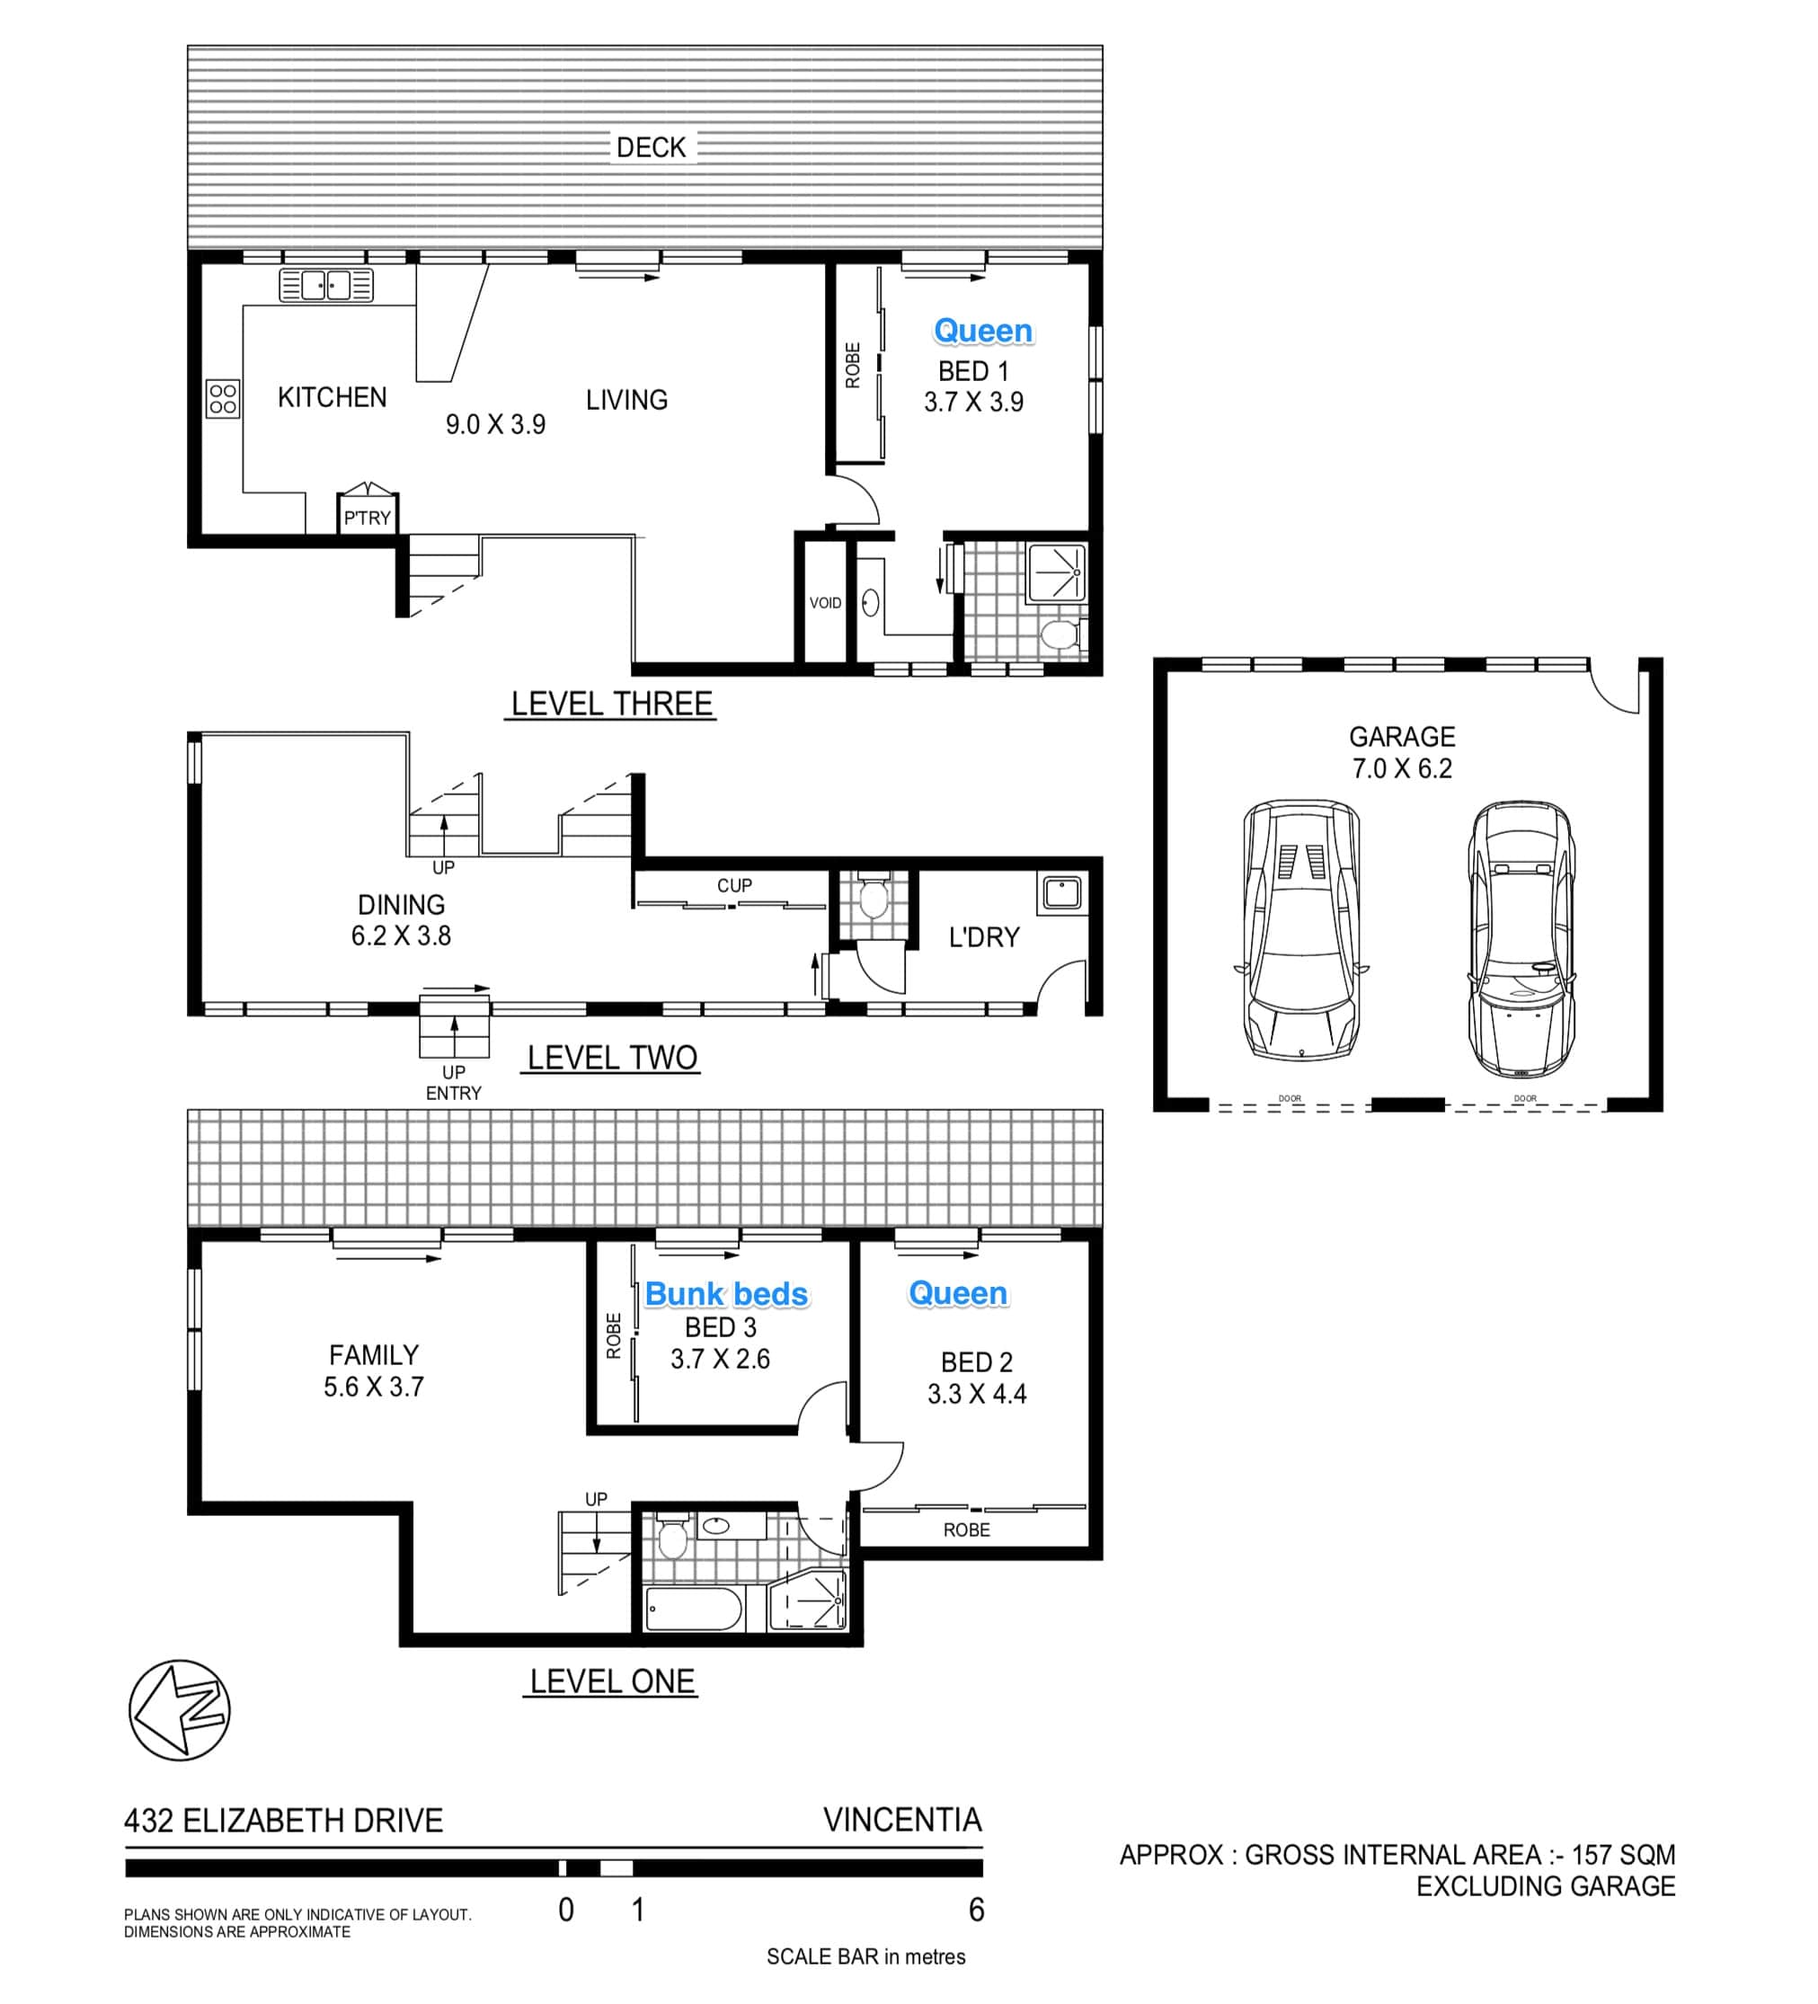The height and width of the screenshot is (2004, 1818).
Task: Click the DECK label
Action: (x=651, y=147)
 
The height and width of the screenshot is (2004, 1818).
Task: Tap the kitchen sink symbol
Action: (x=326, y=285)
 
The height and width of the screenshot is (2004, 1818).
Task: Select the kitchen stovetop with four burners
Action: (x=223, y=399)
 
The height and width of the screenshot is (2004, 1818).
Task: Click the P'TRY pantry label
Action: (x=368, y=518)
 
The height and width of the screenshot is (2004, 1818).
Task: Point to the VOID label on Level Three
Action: (x=825, y=603)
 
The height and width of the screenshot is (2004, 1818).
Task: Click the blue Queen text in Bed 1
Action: (x=983, y=331)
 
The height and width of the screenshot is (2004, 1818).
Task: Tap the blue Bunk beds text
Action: (x=727, y=1293)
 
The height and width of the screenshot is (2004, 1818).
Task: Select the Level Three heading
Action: (x=611, y=704)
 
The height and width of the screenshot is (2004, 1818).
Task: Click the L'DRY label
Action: (x=984, y=937)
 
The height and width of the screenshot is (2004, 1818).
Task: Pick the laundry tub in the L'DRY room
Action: (x=1062, y=893)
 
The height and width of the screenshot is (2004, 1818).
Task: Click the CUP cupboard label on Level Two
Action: (x=734, y=884)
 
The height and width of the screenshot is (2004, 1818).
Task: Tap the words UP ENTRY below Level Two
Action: (x=453, y=1083)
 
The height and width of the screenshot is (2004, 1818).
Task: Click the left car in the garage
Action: (x=1301, y=930)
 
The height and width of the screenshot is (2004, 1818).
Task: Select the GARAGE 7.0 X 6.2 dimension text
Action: (x=1402, y=752)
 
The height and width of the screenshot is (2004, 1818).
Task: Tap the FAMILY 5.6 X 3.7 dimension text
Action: (x=374, y=1370)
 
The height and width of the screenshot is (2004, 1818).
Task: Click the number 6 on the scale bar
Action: (x=976, y=1910)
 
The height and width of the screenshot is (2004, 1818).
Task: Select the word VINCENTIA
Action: (x=902, y=1820)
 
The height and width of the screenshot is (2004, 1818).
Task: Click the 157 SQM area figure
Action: (x=1623, y=1855)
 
